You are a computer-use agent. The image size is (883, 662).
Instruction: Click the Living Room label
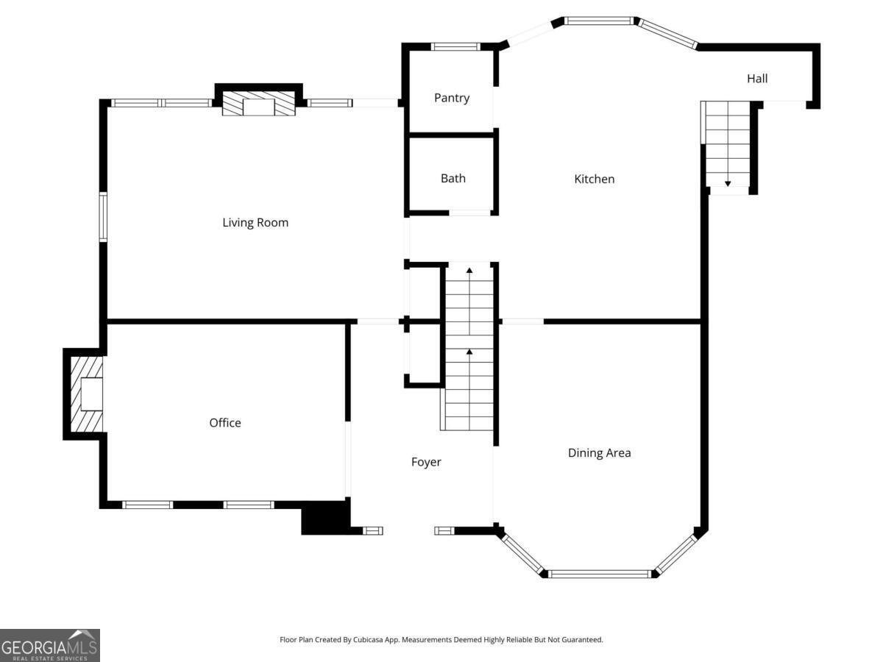(x=255, y=223)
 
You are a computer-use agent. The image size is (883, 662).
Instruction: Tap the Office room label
(x=225, y=423)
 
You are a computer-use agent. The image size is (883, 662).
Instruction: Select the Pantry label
(x=451, y=98)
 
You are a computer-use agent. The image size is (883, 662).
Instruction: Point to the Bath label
(x=453, y=178)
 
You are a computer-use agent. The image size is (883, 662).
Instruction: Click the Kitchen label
(x=594, y=179)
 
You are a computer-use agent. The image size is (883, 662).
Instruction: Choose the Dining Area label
(x=599, y=453)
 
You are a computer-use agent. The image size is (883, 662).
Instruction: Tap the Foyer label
(x=426, y=462)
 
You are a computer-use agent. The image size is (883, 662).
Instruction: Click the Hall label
(x=757, y=79)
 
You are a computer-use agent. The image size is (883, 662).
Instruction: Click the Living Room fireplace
(x=259, y=103)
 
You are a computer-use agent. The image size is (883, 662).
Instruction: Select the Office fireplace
(x=87, y=394)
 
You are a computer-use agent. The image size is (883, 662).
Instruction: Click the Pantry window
(x=455, y=46)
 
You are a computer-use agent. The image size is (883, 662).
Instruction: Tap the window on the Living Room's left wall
(x=104, y=217)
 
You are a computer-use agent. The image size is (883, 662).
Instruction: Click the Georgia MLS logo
(x=50, y=645)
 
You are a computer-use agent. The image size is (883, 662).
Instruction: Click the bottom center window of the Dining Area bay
(x=599, y=574)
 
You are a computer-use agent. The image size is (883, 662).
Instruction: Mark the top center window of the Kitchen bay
(x=599, y=21)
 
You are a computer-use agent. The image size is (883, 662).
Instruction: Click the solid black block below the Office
(x=326, y=518)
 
